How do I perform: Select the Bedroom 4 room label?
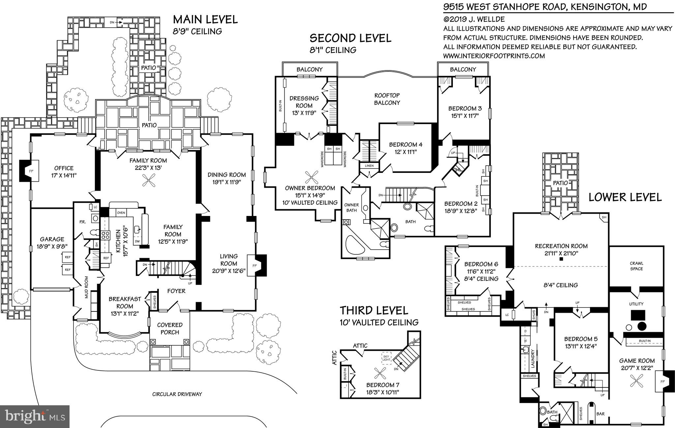click(x=405, y=144)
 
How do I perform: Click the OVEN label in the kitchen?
click(x=121, y=213)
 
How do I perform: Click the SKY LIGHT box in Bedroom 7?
click(x=387, y=358)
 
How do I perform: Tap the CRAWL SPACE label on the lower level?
click(x=636, y=266)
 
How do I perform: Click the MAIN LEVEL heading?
click(x=205, y=19)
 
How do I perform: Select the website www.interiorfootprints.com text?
click(x=494, y=56)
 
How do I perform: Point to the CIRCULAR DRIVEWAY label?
click(x=177, y=394)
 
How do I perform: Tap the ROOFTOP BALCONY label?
click(x=387, y=99)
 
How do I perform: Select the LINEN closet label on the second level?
click(x=369, y=166)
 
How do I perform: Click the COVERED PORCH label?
click(x=170, y=329)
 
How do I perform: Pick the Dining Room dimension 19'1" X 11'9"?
click(x=227, y=182)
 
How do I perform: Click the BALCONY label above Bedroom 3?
click(x=463, y=69)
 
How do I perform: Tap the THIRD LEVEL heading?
click(x=374, y=310)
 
